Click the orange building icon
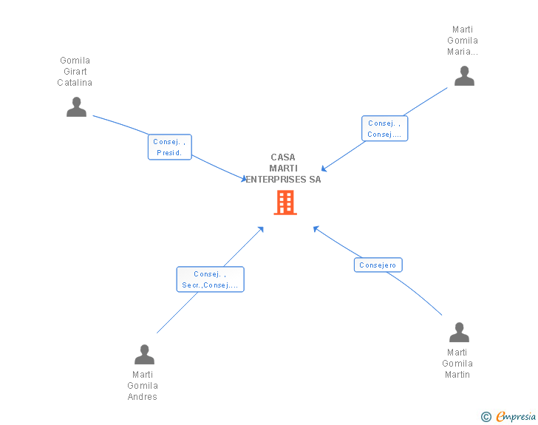pyautogui.click(x=285, y=203)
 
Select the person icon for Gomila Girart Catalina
pyautogui.click(x=76, y=106)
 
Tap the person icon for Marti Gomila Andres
pyautogui.click(x=144, y=354)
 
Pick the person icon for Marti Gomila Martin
pyautogui.click(x=459, y=332)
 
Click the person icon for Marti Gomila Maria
pyautogui.click(x=464, y=76)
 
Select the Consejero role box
pyautogui.click(x=378, y=265)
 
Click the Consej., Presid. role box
pyautogui.click(x=169, y=147)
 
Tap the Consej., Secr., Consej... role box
pyautogui.click(x=210, y=279)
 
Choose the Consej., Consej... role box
pyautogui.click(x=384, y=129)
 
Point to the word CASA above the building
pyautogui.click(x=283, y=157)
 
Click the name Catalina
pyautogui.click(x=75, y=83)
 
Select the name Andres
pyautogui.click(x=143, y=397)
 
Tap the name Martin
pyautogui.click(x=457, y=375)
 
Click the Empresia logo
pyautogui.click(x=516, y=416)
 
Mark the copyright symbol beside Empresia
pyautogui.click(x=486, y=417)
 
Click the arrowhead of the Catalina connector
pyautogui.click(x=244, y=179)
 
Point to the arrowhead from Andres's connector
pyautogui.click(x=261, y=229)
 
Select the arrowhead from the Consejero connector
pyautogui.click(x=316, y=228)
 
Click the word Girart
pyautogui.click(x=75, y=72)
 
